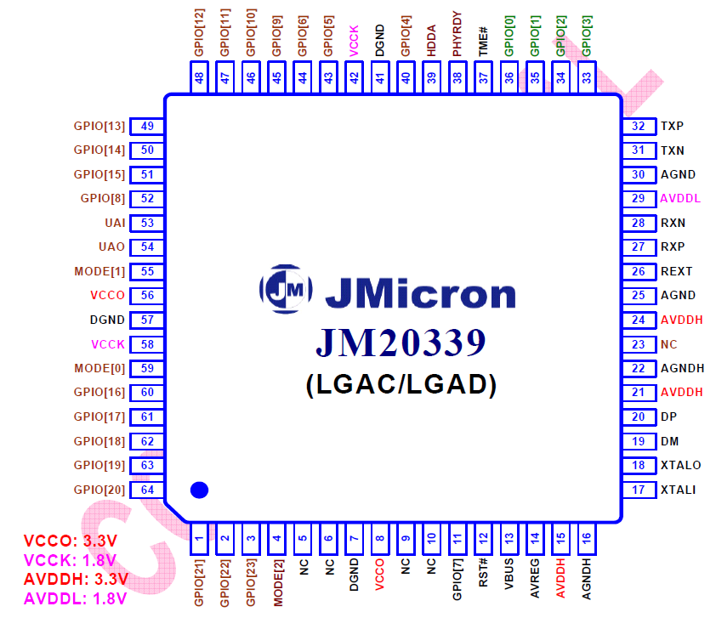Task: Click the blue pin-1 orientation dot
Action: point(199,490)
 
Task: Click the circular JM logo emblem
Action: point(286,289)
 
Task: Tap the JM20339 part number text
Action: point(401,342)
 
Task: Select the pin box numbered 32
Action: point(639,127)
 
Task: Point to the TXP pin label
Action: point(672,126)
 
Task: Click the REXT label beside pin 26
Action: point(676,271)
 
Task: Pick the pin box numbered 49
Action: point(147,127)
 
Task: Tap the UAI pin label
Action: point(115,223)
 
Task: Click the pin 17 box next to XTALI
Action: point(639,490)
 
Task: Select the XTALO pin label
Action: point(681,465)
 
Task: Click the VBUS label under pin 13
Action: point(509,574)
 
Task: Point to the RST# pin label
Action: point(483,572)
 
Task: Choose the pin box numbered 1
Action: point(199,539)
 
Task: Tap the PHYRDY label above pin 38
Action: point(457,34)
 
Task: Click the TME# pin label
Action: point(483,42)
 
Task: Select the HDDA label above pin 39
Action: point(431,41)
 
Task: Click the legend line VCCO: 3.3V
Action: point(71,541)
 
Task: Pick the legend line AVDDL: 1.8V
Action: point(76,598)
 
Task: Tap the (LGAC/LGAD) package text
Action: point(401,385)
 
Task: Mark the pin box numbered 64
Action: point(147,490)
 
